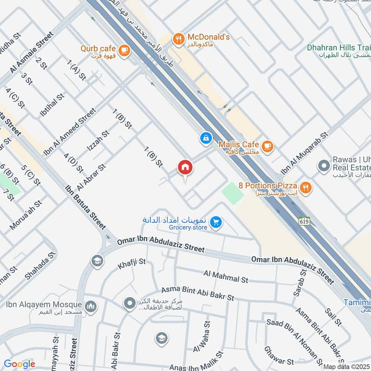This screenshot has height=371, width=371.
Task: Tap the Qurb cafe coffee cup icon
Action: point(123,50)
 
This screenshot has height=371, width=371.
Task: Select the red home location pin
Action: point(185,168)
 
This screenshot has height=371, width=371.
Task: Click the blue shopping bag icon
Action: point(205,137)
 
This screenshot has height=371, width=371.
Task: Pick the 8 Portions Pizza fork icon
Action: point(305,187)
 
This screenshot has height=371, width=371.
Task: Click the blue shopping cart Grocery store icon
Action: point(215,223)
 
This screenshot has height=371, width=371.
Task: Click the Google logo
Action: point(19,364)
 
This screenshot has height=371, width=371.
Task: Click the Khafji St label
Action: point(132,262)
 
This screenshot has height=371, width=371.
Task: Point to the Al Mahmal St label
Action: point(225,277)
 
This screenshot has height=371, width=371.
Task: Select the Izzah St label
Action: point(98,141)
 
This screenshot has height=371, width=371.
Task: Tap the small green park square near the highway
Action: point(232,192)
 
